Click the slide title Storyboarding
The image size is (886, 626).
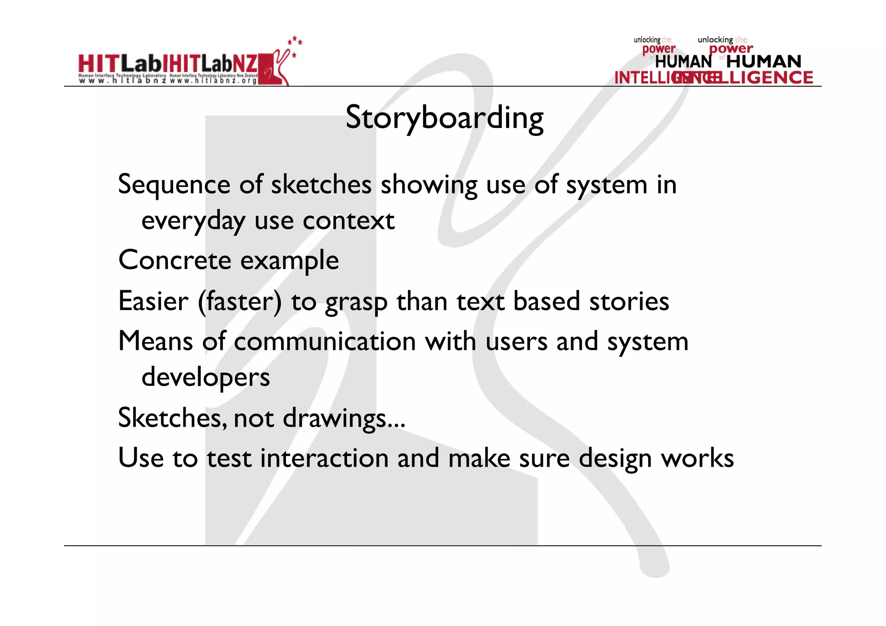pos(444,118)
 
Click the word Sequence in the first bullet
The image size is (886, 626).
pos(174,185)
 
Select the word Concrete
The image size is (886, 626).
pos(175,260)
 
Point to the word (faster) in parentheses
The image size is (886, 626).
pos(240,302)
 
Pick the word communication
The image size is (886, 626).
pos(324,342)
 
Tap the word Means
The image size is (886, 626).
pos(155,342)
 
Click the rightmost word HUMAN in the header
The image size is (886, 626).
pos(764,61)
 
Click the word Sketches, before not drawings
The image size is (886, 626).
pos(172,418)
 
